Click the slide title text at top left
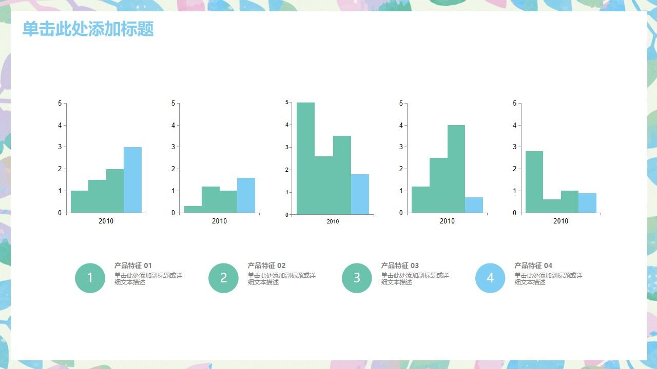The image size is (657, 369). (88, 29)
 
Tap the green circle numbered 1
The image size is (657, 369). (90, 278)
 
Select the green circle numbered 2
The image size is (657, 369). (223, 278)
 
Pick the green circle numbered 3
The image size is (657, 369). (357, 278)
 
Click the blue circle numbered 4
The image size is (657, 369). (490, 278)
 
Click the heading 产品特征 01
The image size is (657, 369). (133, 265)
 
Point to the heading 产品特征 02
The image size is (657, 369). (266, 265)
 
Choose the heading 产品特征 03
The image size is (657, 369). (400, 265)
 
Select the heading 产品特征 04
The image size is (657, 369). (533, 265)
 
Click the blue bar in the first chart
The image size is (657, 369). (132, 180)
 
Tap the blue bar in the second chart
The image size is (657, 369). (246, 195)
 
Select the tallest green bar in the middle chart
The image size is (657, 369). (305, 158)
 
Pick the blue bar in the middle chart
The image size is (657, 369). (360, 194)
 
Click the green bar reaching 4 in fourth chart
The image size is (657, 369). (456, 169)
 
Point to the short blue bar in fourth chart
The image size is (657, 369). (474, 205)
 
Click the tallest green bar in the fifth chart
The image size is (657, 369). (534, 182)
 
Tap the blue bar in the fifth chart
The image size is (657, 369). (587, 203)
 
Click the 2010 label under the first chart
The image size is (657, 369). (106, 221)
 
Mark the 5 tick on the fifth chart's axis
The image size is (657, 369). (514, 104)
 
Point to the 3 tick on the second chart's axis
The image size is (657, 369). (173, 147)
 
